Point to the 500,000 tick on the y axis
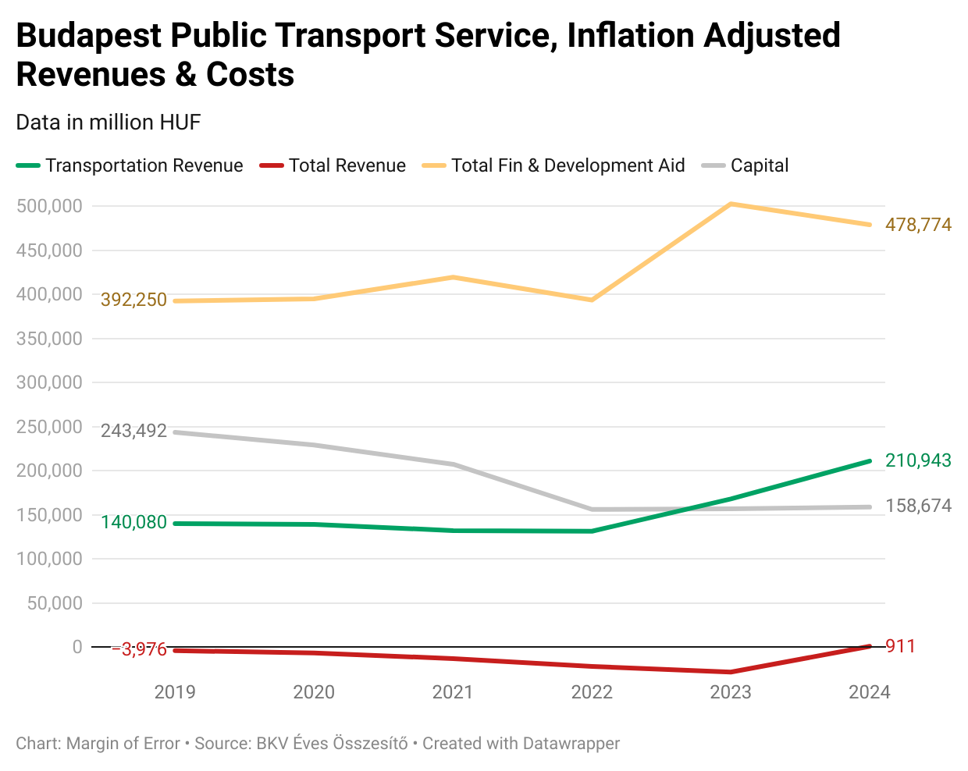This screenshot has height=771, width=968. coord(49,206)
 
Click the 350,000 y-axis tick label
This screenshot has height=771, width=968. coord(49,339)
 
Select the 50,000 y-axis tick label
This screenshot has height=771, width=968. coord(55,603)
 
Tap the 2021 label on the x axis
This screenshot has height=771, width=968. coord(453,692)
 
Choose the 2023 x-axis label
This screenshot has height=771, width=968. coord(731,692)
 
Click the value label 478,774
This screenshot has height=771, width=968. coord(918,225)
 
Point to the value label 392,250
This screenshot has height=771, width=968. coord(133,300)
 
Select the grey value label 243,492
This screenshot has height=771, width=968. coord(133,431)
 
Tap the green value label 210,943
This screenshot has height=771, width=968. coord(918,460)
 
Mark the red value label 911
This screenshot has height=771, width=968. coord(900,646)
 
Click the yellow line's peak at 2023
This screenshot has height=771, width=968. coord(731,204)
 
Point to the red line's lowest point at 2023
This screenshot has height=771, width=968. coord(731,672)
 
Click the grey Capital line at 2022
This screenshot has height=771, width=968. coord(592,510)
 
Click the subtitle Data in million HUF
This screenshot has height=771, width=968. coord(109,123)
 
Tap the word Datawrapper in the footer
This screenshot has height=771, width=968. coord(571,744)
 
